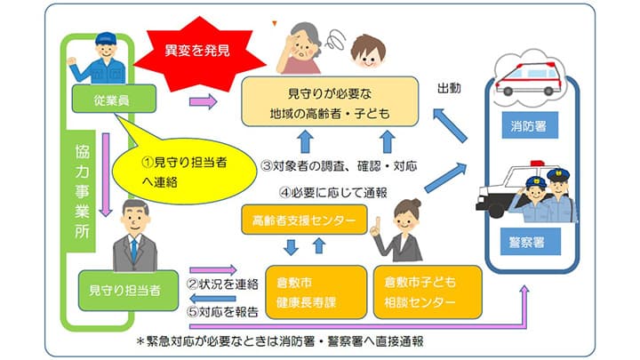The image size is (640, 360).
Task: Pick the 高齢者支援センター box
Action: (304, 219)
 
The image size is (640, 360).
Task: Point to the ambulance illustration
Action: (529, 76)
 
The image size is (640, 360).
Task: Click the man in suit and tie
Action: (131, 236)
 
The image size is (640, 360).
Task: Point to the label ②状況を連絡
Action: (221, 284)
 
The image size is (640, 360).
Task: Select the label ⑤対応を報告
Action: (221, 312)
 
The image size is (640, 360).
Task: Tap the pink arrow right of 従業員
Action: (204, 101)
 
